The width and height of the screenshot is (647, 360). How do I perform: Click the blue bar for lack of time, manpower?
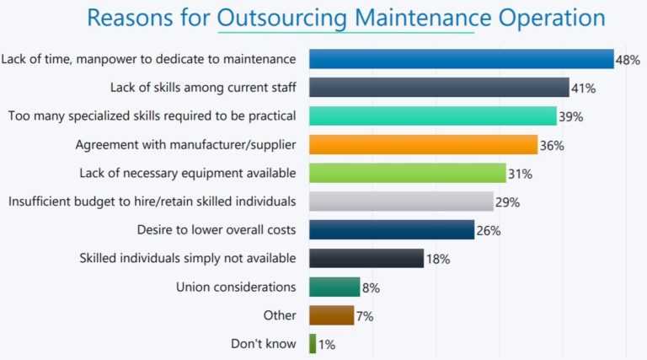point(461,58)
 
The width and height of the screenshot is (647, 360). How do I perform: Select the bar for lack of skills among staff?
point(439,87)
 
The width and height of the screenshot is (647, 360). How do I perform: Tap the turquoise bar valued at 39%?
point(432,116)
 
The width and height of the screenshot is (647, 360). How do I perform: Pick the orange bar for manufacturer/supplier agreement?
point(423,144)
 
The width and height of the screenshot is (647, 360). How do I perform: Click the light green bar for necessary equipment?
point(407,173)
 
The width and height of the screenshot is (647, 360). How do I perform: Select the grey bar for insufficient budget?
point(401,201)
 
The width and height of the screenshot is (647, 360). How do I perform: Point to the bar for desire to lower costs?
point(392,229)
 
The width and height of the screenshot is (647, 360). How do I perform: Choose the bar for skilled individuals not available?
point(366,258)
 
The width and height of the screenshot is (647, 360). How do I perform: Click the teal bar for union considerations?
point(334,287)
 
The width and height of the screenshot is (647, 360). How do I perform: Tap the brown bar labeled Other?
point(331,315)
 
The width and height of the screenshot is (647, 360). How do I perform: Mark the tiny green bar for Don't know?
point(313,344)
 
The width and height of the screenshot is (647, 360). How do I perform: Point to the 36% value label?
point(552,146)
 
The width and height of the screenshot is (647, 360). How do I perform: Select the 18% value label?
point(437,260)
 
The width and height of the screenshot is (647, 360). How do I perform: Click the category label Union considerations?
point(236,287)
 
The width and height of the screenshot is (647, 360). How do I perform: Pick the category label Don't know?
point(263,344)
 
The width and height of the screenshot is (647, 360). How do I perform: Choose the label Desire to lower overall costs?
point(216,229)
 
